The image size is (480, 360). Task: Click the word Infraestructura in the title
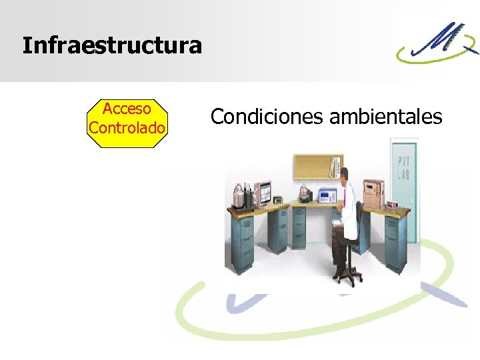click(111, 46)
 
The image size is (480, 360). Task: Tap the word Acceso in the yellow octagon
click(127, 109)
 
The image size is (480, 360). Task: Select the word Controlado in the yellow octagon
click(127, 126)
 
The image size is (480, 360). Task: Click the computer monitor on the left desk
click(264, 193)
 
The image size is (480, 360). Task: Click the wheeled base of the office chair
click(347, 273)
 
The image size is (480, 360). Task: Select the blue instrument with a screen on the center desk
click(326, 195)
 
